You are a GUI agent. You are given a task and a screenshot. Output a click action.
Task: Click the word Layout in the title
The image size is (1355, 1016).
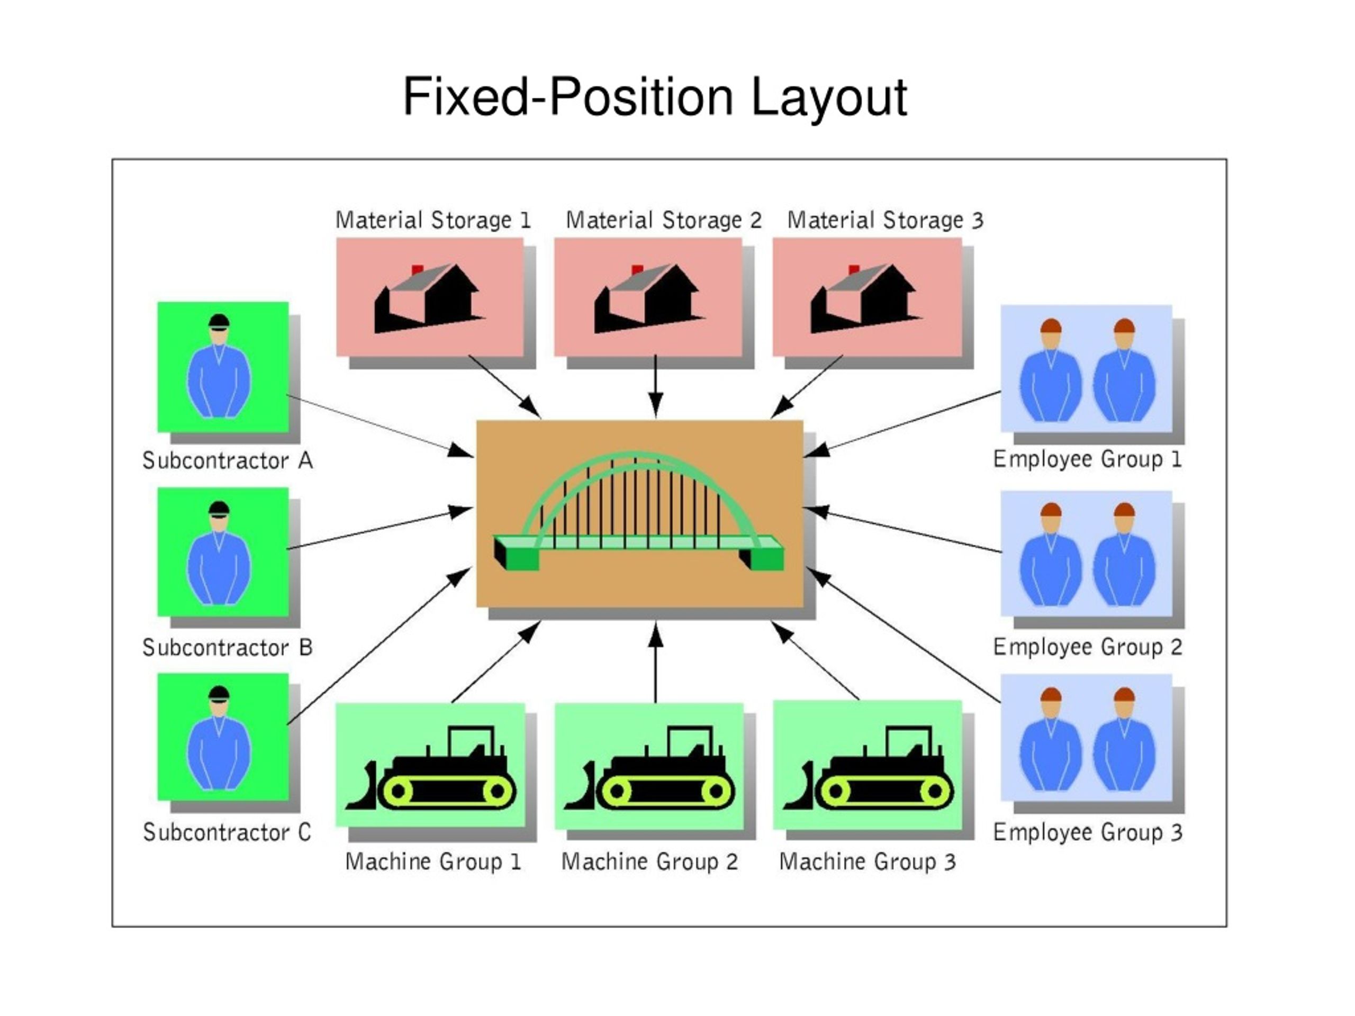click(x=828, y=98)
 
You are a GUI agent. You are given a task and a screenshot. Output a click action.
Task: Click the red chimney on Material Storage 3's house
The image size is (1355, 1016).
click(x=854, y=270)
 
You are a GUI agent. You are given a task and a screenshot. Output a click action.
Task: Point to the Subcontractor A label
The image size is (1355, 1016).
click(x=227, y=460)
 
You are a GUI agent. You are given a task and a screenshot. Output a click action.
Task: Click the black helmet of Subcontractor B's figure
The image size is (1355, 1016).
click(x=219, y=507)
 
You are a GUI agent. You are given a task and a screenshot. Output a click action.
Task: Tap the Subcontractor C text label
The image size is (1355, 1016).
click(x=227, y=832)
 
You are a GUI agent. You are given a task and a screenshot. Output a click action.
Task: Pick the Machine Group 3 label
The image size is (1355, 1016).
click(x=868, y=861)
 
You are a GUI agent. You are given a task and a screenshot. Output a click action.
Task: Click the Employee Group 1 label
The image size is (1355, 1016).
click(x=1087, y=459)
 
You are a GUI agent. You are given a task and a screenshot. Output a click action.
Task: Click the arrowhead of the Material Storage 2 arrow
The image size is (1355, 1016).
click(x=655, y=405)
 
